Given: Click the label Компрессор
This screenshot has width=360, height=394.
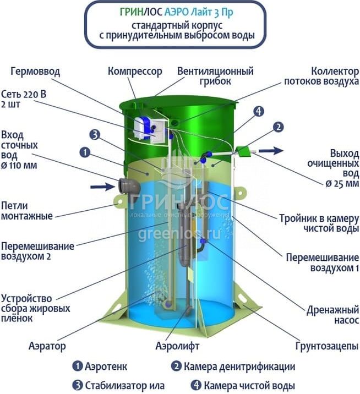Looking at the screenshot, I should [x=135, y=71].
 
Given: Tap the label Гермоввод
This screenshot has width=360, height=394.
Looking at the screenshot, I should [x=34, y=72].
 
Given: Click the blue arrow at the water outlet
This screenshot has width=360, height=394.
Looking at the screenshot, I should [x=271, y=150].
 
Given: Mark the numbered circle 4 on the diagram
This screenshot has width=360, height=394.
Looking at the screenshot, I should [x=259, y=111].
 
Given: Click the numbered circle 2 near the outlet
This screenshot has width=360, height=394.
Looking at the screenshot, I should [x=279, y=127].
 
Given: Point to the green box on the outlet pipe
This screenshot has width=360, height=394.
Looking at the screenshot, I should [x=242, y=150].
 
